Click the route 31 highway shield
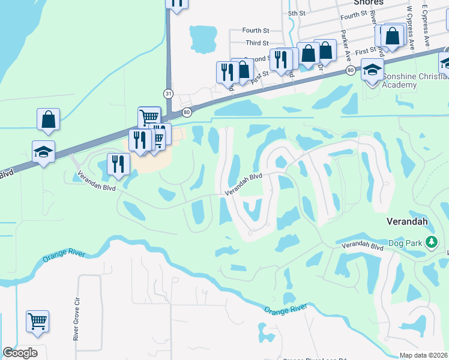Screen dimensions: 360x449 coord(169,93)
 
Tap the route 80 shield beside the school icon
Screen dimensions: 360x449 coord(350,71)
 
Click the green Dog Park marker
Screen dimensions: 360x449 coord(431,242)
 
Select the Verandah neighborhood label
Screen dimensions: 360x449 coord(407,221)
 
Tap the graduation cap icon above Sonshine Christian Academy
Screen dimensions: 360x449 coord(372,69)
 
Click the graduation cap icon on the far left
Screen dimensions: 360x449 coord(44,152)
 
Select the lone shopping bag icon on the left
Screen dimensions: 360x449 coord(48,119)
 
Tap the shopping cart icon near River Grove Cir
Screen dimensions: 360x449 coord(37,320)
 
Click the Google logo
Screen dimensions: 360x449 coord(20,353)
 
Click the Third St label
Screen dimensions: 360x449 coord(257,43)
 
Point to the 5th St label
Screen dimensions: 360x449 coord(297,13)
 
